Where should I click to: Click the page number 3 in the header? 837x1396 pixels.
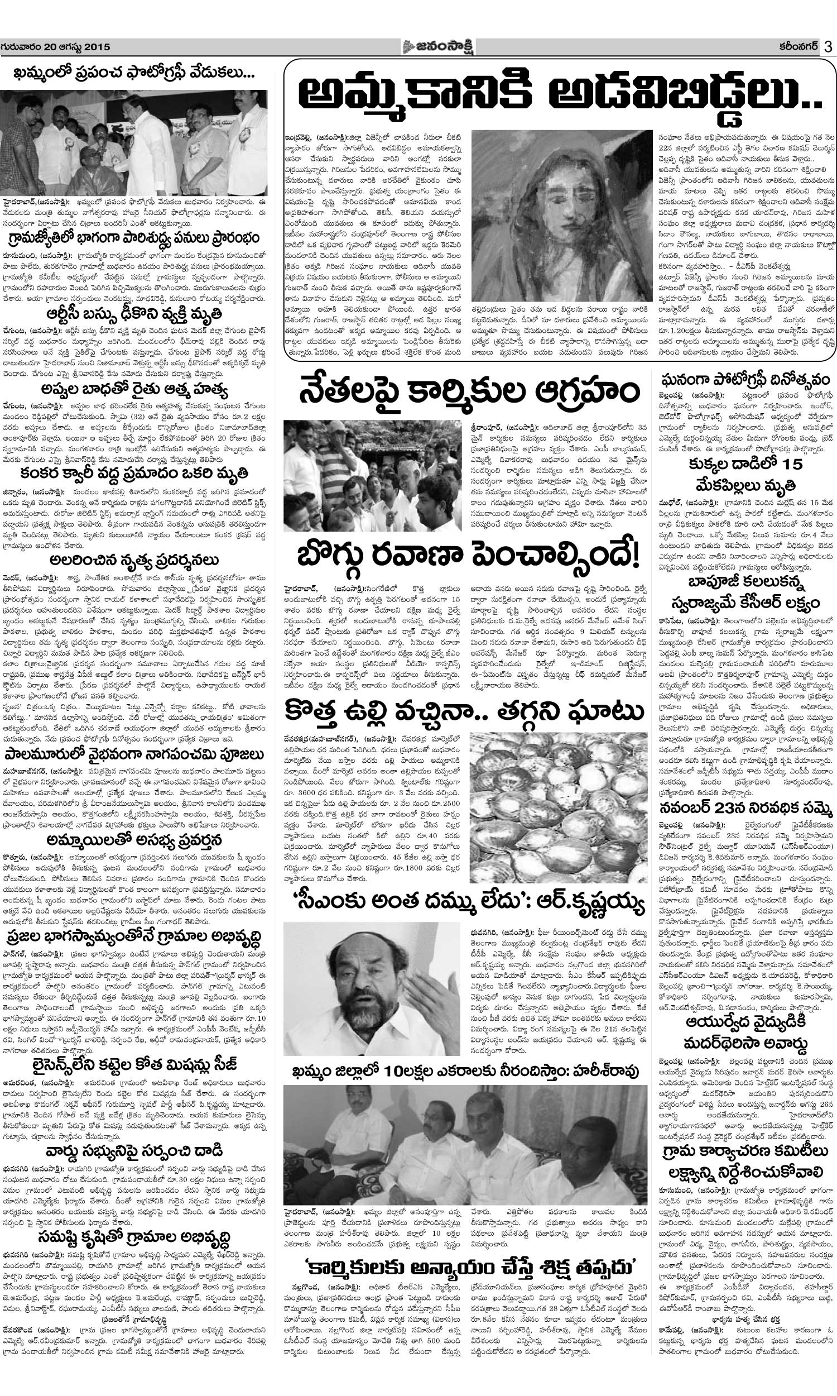(828, 47)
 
